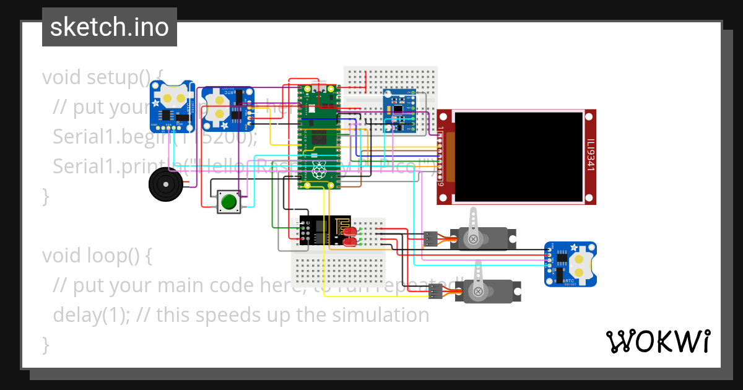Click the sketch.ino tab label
(109, 27)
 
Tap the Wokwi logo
(658, 341)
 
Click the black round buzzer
(167, 184)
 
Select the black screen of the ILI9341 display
(518, 157)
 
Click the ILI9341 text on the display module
(591, 157)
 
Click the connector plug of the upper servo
(431, 238)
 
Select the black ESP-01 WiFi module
(323, 231)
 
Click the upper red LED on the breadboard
(351, 232)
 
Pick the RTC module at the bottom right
(570, 264)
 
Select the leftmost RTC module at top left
(173, 106)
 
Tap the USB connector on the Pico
(319, 89)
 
